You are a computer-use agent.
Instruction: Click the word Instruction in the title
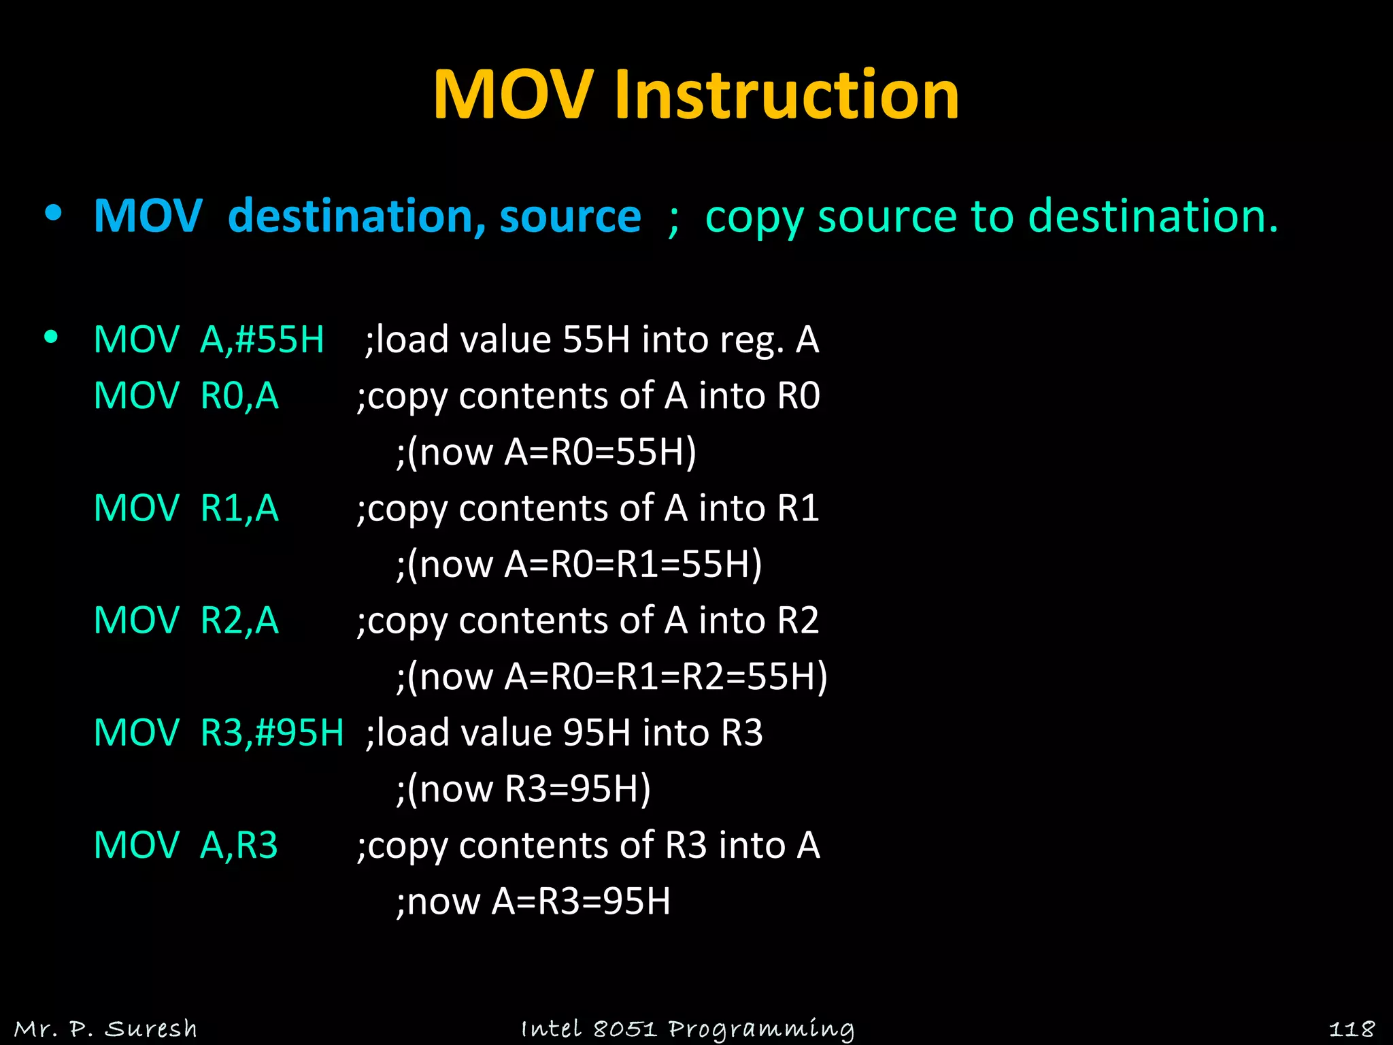point(786,95)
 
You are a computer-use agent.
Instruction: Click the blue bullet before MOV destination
point(53,214)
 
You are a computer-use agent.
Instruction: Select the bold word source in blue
point(570,217)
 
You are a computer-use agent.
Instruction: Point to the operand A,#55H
point(262,339)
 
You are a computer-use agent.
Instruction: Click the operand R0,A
point(239,396)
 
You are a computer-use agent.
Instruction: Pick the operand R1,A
point(239,508)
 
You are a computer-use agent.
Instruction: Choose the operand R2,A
point(239,620)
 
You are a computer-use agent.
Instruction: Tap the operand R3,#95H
point(272,733)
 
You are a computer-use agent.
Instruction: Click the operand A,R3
point(239,845)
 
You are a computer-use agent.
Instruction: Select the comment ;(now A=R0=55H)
point(546,452)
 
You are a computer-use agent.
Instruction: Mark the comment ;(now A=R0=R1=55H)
point(579,565)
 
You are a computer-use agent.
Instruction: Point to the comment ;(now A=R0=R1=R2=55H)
point(611,677)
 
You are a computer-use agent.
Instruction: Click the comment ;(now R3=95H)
point(523,789)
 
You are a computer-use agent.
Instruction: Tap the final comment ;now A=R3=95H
point(533,901)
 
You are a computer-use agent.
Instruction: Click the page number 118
point(1352,1028)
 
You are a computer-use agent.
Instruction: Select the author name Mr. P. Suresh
point(105,1028)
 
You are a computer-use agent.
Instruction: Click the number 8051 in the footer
point(624,1028)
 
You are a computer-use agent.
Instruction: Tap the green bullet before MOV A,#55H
point(51,337)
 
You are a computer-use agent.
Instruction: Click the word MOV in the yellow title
point(513,95)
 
